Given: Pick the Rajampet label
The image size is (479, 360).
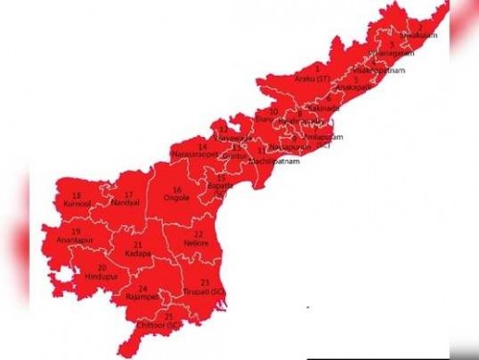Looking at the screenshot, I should point(143,297).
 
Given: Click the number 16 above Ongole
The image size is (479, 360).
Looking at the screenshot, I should point(177,190).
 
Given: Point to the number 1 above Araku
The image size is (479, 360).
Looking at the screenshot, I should point(317,69).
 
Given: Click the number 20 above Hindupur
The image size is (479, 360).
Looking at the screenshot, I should point(102,266).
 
